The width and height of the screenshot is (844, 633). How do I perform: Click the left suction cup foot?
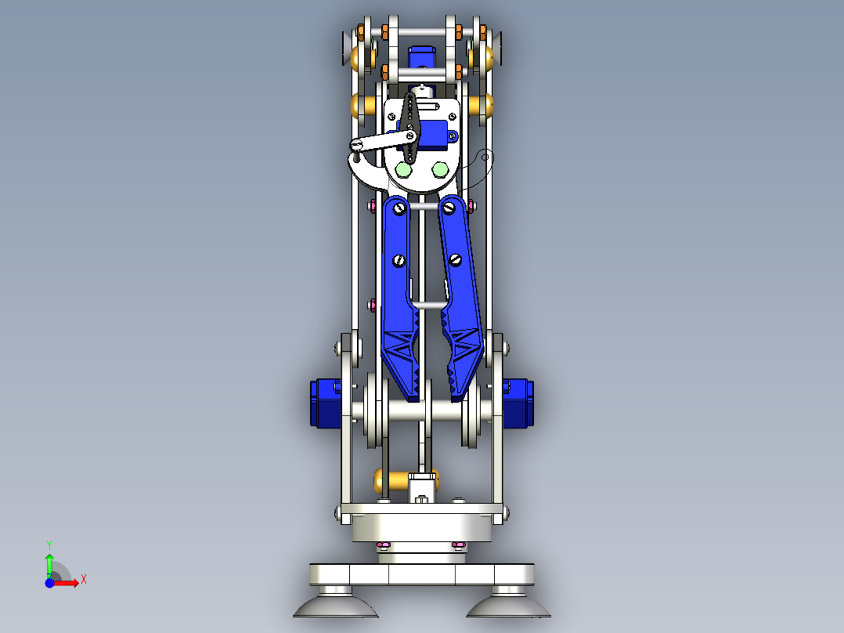pyautogui.click(x=332, y=605)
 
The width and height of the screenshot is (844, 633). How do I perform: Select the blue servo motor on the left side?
pyautogui.click(x=325, y=403)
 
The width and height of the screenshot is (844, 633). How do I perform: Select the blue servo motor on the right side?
pyautogui.click(x=518, y=403)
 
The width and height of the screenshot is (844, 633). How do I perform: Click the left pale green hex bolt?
pyautogui.click(x=404, y=169)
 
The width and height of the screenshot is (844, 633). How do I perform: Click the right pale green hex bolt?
pyautogui.click(x=440, y=169)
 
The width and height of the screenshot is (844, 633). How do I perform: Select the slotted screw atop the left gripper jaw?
pyautogui.click(x=400, y=208)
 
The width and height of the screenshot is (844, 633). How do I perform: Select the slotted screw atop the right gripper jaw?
pyautogui.click(x=449, y=208)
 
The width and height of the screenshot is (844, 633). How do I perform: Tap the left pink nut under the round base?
pyautogui.click(x=383, y=545)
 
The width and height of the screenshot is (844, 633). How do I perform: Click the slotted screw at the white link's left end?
pyautogui.click(x=356, y=143)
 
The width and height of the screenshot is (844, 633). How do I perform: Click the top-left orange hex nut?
pyautogui.click(x=360, y=32)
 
